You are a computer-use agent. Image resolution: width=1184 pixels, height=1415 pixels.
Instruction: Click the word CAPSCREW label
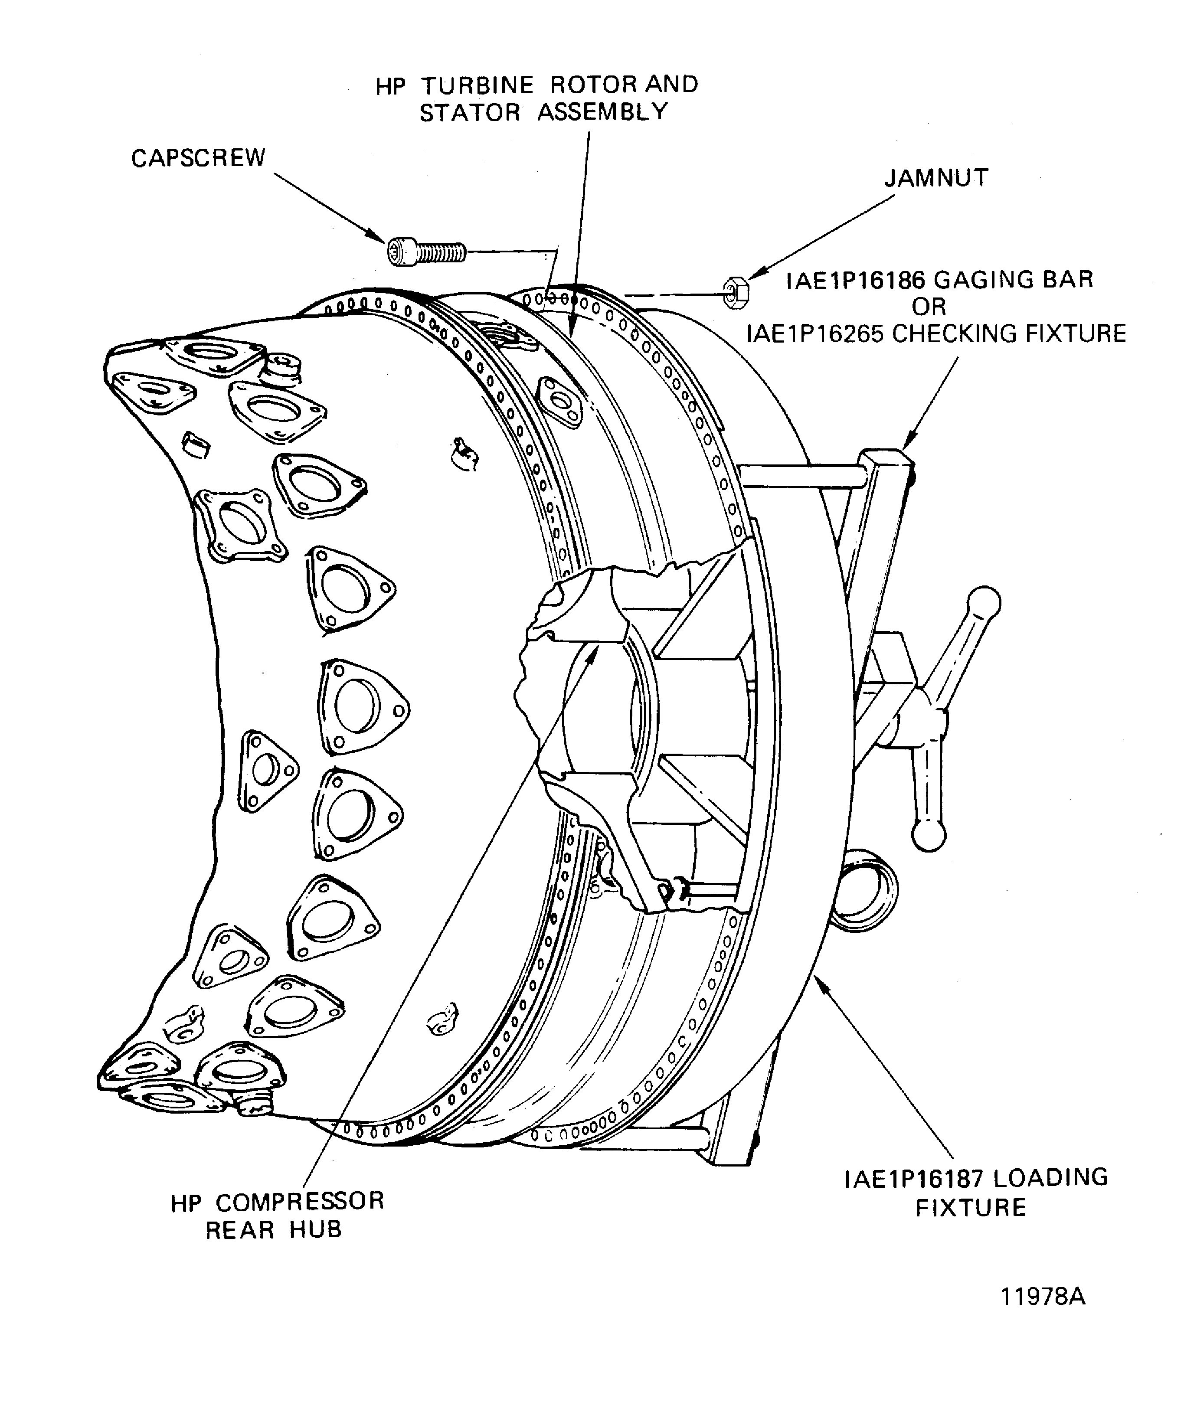pyautogui.click(x=198, y=158)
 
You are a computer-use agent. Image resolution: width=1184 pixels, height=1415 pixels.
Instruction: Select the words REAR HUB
pyautogui.click(x=274, y=1230)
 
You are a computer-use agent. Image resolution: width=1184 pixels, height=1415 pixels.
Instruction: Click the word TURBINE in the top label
pyautogui.click(x=478, y=85)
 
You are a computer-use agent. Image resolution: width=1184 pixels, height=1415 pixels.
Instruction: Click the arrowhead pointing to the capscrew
pyautogui.click(x=380, y=236)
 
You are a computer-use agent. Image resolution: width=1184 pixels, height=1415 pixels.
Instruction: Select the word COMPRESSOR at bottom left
pyautogui.click(x=300, y=1201)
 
